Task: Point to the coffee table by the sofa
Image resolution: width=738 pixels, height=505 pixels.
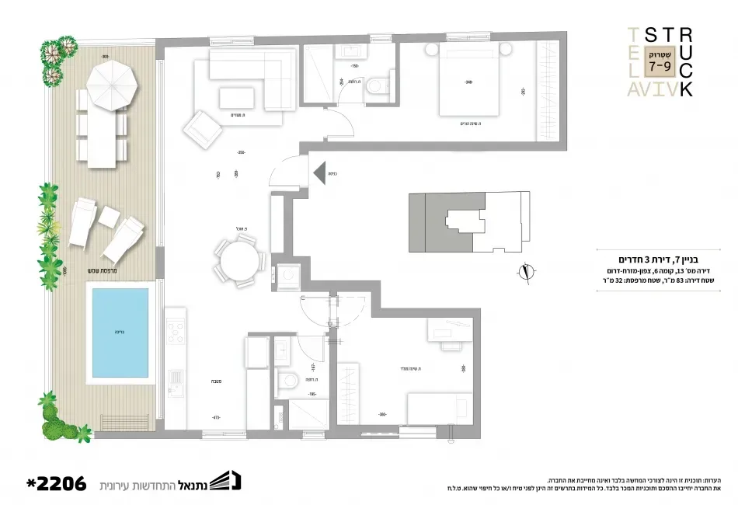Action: click(237, 97)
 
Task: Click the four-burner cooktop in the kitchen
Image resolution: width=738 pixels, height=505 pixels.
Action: click(176, 332)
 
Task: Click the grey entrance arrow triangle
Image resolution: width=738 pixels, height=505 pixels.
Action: click(319, 172)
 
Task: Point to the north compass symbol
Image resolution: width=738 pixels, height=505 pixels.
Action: click(527, 272)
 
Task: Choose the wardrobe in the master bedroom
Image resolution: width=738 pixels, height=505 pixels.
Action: click(549, 91)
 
